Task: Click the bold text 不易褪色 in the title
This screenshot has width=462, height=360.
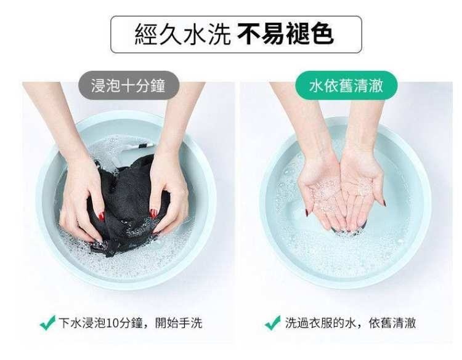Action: (x=285, y=34)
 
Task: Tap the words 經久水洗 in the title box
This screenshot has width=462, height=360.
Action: (x=183, y=34)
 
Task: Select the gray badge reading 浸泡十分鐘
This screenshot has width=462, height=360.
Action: (x=129, y=86)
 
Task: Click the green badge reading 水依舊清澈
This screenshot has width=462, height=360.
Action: (x=346, y=86)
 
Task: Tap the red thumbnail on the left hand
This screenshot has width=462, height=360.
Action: (x=102, y=216)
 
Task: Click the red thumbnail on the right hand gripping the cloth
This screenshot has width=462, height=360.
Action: (x=153, y=213)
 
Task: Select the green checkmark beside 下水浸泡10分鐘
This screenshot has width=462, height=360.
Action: (x=47, y=322)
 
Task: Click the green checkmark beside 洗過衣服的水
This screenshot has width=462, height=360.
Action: (x=272, y=322)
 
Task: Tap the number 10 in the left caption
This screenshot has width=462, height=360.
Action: (x=112, y=323)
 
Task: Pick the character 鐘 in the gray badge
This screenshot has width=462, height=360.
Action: (x=158, y=86)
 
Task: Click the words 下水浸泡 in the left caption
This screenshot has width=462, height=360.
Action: (x=82, y=323)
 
